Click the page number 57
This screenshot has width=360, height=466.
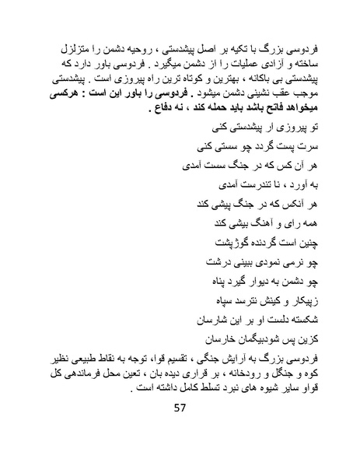pos(180,429)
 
